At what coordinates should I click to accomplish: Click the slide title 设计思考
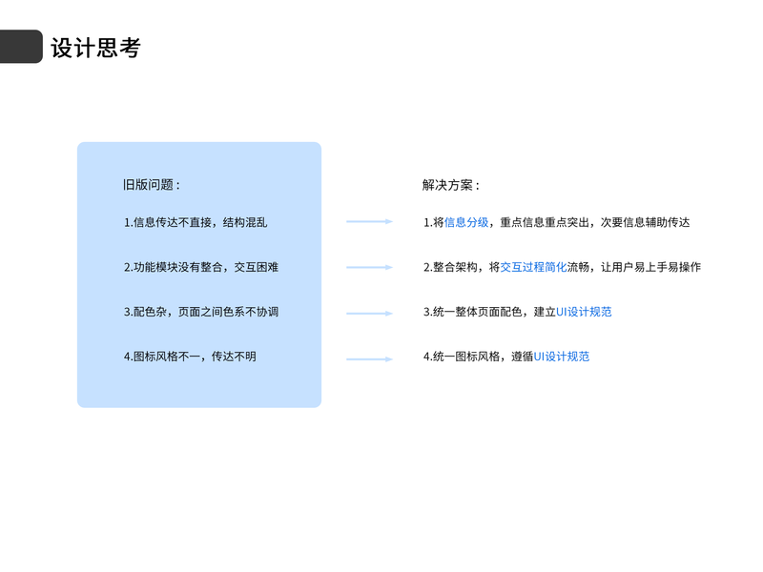click(95, 48)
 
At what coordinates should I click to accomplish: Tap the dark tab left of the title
click(21, 47)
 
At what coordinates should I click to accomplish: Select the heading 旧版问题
click(151, 185)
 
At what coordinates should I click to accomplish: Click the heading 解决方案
click(451, 185)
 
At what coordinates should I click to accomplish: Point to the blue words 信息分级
click(466, 222)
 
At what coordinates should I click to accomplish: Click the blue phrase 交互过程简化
click(533, 267)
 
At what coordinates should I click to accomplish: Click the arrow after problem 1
click(369, 222)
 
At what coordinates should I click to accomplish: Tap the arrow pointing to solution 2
click(369, 267)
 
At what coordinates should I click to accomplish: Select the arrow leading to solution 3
click(369, 313)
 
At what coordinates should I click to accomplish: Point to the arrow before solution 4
click(369, 359)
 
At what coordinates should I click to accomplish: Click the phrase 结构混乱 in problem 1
click(245, 222)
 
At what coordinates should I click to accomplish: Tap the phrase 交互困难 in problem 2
click(257, 267)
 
